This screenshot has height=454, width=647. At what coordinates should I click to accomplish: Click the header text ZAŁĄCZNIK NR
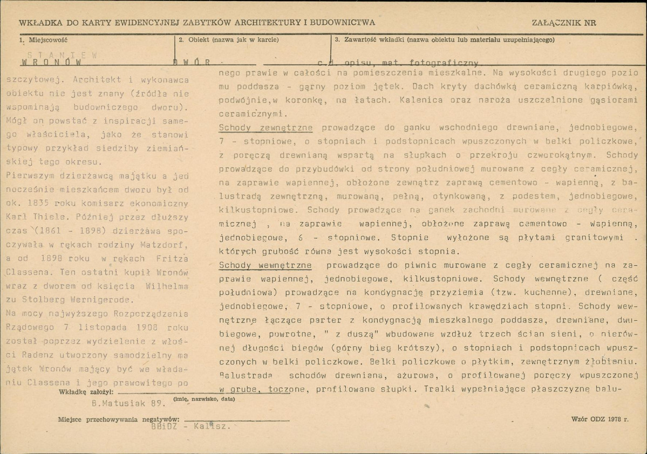coord(563,23)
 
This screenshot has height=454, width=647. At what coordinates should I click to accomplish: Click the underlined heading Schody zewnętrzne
coord(266,128)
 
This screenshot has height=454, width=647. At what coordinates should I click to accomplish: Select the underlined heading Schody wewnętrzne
coord(265,265)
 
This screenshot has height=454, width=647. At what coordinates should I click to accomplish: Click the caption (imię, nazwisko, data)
coord(204,400)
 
